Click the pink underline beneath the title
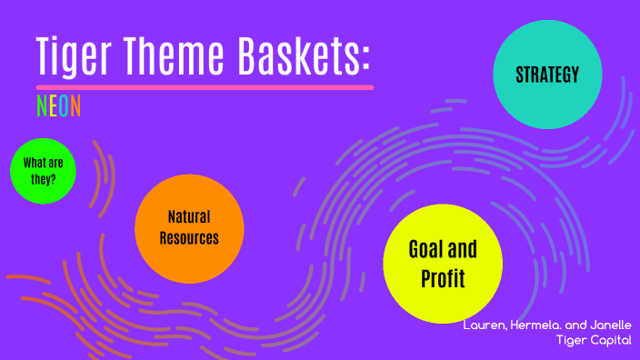tap(205, 87)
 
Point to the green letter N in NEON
tap(41, 106)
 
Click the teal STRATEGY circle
tap(546, 75)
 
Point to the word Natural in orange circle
tap(189, 217)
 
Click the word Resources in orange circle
tap(189, 238)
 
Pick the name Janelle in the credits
tap(608, 325)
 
